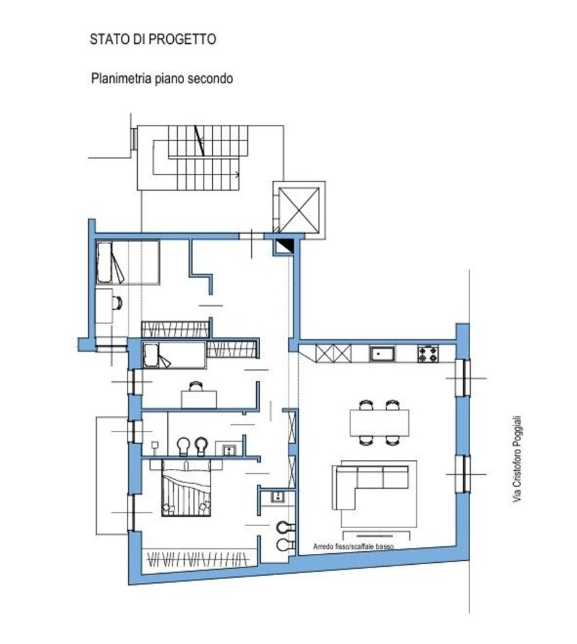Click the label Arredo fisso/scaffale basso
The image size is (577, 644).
click(x=353, y=545)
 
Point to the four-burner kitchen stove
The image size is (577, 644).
click(x=428, y=354)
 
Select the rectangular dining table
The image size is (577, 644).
click(x=379, y=422)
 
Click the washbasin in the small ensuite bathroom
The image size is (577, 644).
click(x=278, y=497)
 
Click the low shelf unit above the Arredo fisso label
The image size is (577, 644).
click(x=376, y=535)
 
